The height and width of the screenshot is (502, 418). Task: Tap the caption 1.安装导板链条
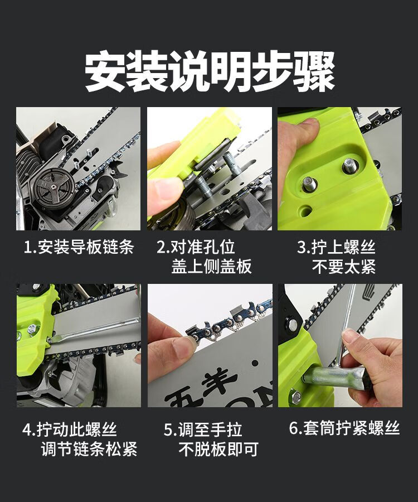79,247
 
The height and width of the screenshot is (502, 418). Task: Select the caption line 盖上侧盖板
211,267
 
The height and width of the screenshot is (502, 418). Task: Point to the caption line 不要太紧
343,267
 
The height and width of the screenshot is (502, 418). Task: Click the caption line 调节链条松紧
89,449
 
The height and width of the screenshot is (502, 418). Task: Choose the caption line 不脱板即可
218,449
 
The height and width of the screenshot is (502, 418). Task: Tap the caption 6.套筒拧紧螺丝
344,428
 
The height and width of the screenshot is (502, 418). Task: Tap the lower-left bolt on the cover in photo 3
309,185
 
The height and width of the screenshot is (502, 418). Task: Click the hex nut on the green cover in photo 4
32,328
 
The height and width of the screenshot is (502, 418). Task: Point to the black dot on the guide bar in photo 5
255,363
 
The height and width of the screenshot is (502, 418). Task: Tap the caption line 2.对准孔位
196,247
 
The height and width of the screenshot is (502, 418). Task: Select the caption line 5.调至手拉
203,429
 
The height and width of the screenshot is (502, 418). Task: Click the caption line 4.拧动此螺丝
70,429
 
